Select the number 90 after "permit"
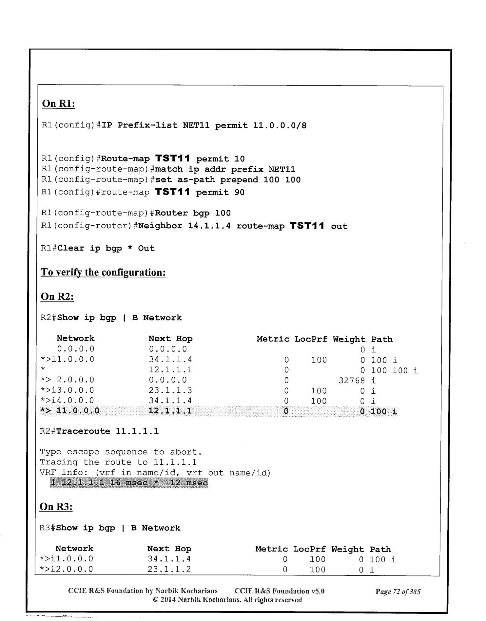click(x=239, y=192)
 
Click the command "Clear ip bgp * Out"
click(x=106, y=248)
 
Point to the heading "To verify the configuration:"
click(x=103, y=273)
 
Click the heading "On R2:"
click(x=57, y=297)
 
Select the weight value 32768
click(x=351, y=381)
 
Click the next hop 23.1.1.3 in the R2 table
click(x=170, y=391)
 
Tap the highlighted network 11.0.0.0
click(x=78, y=411)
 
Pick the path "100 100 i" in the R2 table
click(x=394, y=370)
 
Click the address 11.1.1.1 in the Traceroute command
click(x=137, y=431)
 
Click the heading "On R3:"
click(x=56, y=507)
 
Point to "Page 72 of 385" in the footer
click(x=398, y=592)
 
